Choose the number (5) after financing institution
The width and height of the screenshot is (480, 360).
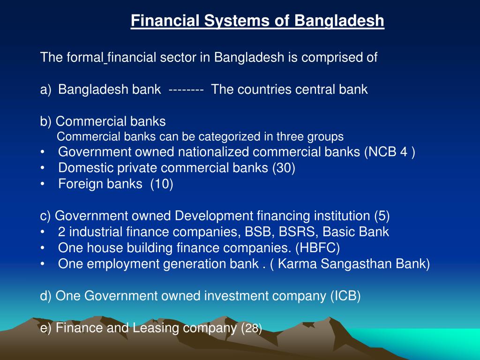tap(382, 216)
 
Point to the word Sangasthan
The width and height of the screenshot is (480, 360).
tap(351, 264)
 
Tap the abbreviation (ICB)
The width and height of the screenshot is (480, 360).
tap(345, 296)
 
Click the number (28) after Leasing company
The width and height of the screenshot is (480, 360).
tap(251, 328)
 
